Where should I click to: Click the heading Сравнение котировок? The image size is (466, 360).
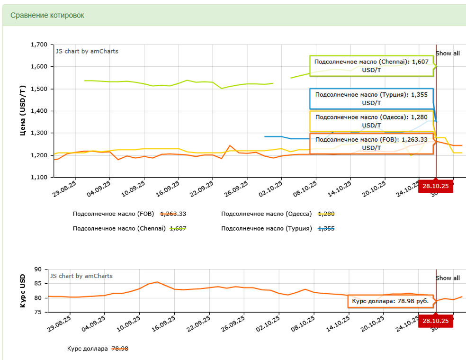click(x=47, y=15)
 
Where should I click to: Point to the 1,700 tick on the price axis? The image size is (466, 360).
click(x=38, y=45)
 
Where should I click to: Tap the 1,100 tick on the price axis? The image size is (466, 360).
click(x=38, y=178)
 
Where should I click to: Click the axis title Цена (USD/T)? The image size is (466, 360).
click(x=22, y=111)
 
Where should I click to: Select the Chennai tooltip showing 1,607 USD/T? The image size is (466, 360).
click(x=372, y=66)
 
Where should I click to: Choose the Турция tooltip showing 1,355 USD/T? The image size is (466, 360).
click(x=372, y=99)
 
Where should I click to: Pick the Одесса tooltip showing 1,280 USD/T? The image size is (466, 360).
click(x=372, y=121)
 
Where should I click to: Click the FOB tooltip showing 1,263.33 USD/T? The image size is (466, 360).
click(x=372, y=144)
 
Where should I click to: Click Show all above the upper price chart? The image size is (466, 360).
click(x=448, y=54)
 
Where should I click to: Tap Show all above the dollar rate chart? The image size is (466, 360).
click(x=448, y=278)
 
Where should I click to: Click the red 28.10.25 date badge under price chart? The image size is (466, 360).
click(x=436, y=187)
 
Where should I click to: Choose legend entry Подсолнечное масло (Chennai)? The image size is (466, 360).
click(x=119, y=229)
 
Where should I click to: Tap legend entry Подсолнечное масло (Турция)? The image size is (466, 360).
click(x=266, y=229)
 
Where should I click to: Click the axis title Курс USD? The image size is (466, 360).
click(x=22, y=291)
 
